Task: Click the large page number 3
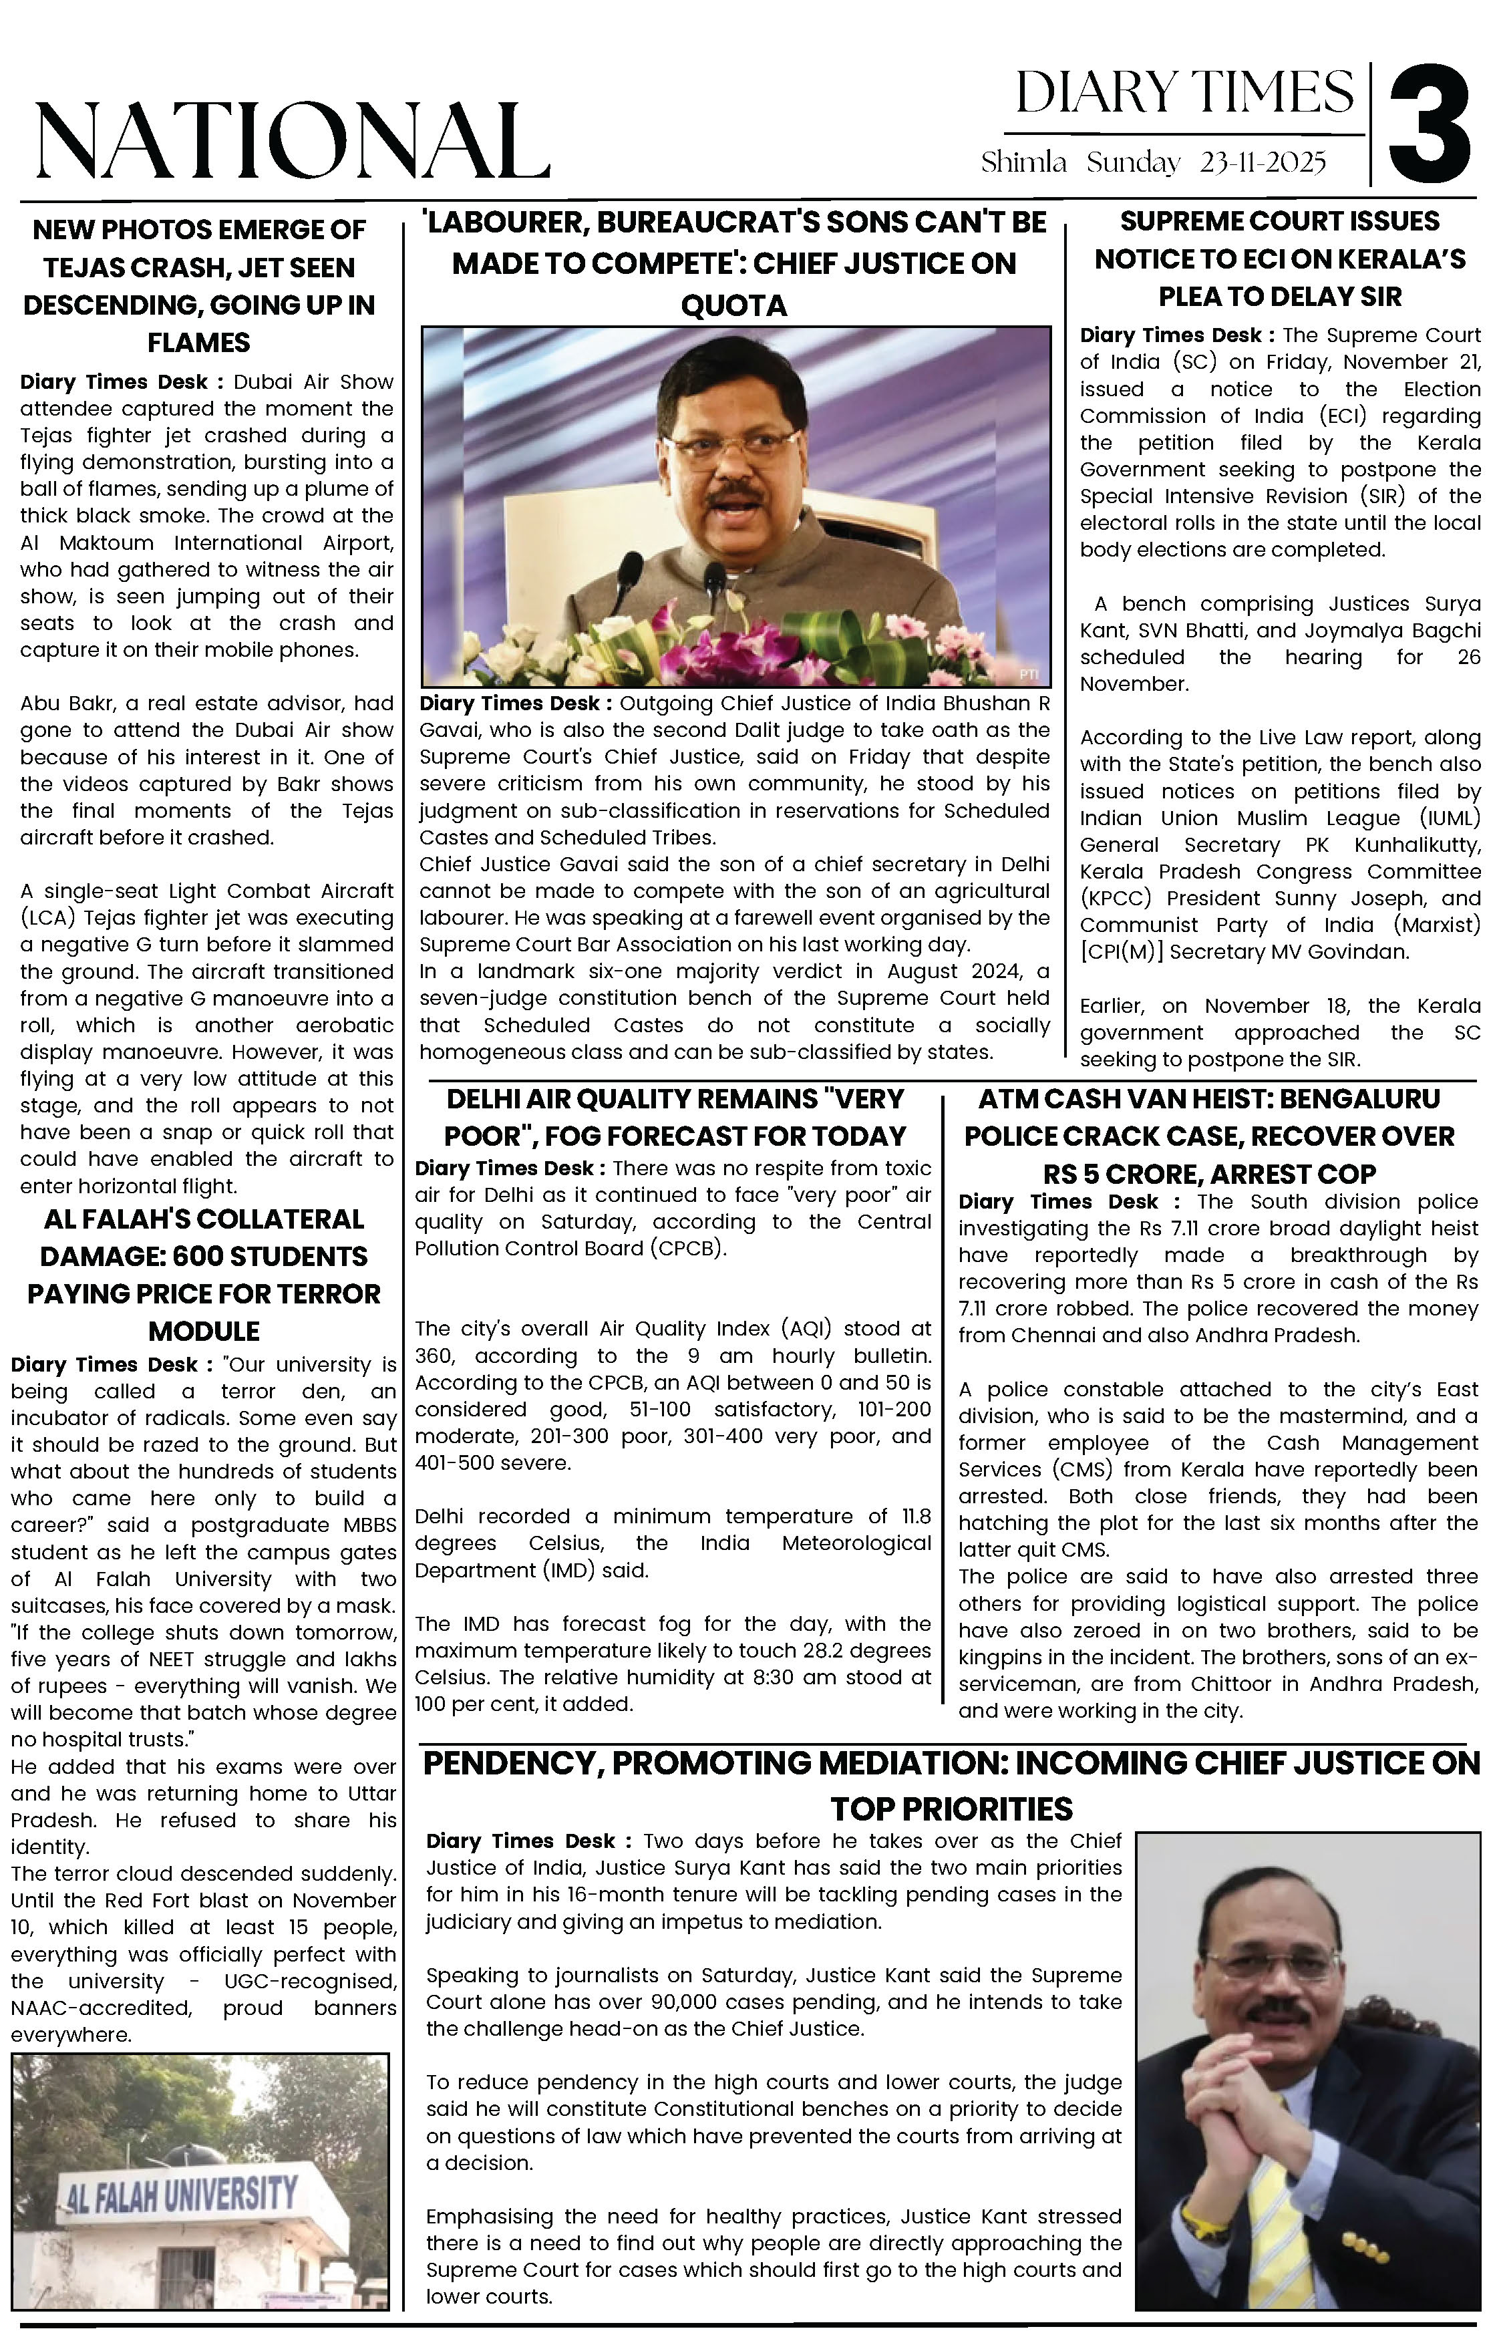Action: click(1429, 123)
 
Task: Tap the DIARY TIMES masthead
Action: click(1184, 94)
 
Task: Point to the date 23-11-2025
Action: click(1263, 162)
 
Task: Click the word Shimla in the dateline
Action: click(1023, 162)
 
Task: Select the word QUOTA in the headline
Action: click(733, 306)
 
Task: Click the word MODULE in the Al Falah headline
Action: click(204, 1332)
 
